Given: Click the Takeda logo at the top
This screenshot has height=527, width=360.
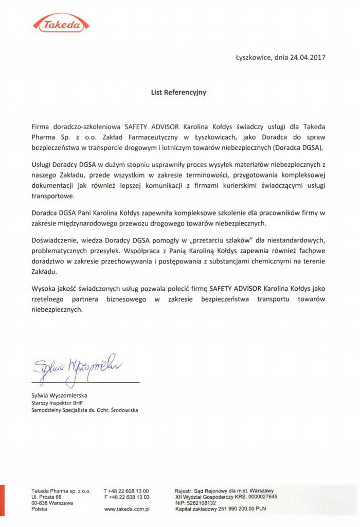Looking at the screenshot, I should (x=61, y=23).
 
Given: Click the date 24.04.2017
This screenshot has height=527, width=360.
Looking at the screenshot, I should (x=308, y=57).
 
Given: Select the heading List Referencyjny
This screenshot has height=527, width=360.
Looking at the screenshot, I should (x=178, y=92).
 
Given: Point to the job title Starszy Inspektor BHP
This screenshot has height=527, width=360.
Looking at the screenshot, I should (x=57, y=403).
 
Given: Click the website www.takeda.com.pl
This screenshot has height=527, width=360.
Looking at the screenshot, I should (x=127, y=509).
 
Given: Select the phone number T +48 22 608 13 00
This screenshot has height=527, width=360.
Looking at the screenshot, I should (x=127, y=491).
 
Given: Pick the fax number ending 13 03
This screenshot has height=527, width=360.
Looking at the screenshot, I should (x=127, y=497).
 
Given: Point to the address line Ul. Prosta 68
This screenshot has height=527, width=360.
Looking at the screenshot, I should (x=46, y=497).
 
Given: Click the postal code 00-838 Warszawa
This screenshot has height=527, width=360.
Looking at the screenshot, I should (x=52, y=503).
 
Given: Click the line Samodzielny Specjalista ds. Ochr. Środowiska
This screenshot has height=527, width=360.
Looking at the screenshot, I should (x=84, y=410).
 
